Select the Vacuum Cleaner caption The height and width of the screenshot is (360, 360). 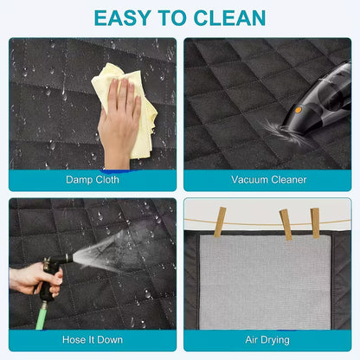click(x=268, y=179)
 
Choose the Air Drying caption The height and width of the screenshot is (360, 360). click(x=268, y=341)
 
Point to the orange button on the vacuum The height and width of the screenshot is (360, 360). click(x=298, y=110)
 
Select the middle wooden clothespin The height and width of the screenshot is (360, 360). click(x=286, y=224)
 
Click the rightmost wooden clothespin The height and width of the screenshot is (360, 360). click(x=315, y=222)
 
